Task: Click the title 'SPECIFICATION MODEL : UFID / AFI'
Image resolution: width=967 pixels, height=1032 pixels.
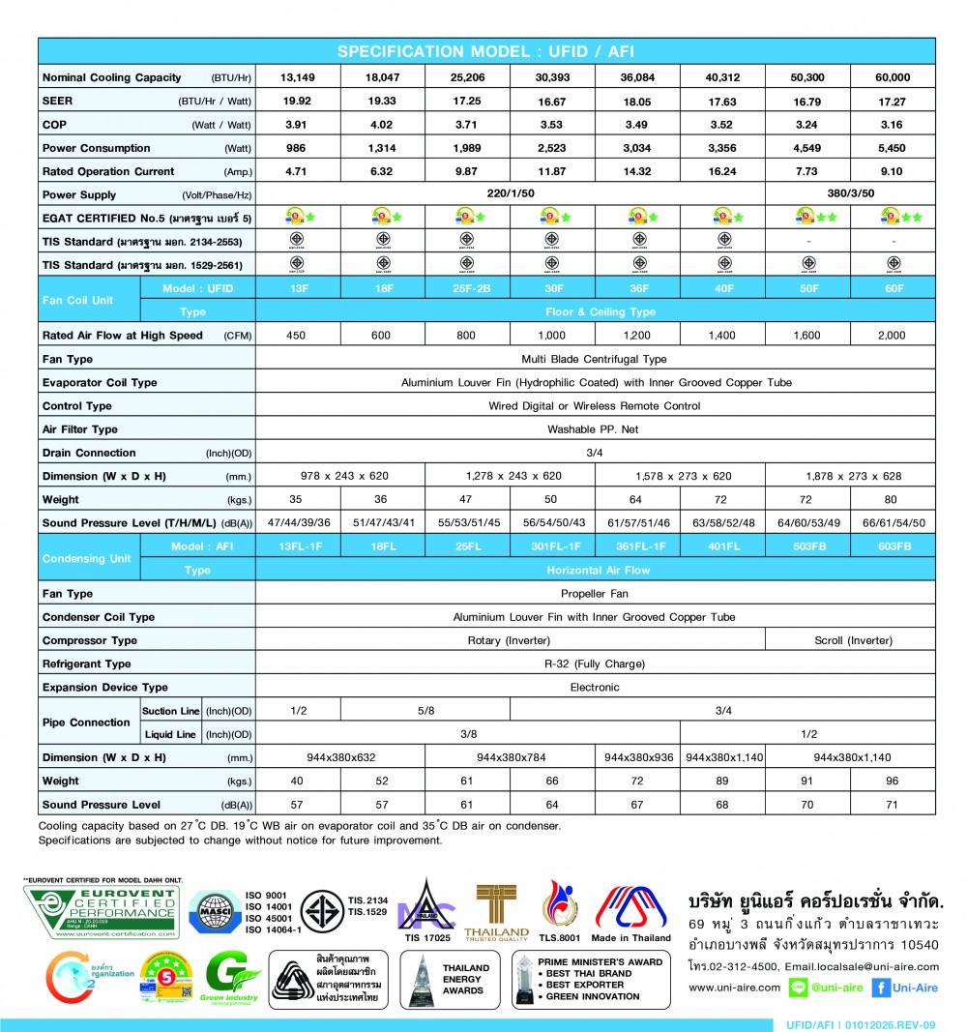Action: point(486,51)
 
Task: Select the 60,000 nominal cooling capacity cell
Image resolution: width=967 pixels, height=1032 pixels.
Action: point(893,77)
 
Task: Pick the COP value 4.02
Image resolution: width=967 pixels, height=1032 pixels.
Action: point(382,125)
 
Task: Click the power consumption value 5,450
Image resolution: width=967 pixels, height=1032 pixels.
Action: point(893,148)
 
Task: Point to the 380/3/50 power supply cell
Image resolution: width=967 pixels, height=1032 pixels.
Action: point(850,194)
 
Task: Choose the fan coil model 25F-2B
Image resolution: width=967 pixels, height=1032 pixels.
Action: point(467,288)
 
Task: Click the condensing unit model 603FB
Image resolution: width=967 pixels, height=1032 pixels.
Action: point(893,546)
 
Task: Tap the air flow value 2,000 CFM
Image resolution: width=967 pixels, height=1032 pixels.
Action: point(893,336)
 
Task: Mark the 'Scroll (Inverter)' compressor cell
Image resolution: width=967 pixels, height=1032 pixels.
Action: point(850,640)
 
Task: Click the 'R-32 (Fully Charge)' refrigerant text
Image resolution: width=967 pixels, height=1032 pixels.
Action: point(595,663)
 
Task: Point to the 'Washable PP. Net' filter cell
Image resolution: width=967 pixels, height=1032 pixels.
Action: point(595,429)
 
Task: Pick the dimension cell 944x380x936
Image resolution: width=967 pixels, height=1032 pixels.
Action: point(637,757)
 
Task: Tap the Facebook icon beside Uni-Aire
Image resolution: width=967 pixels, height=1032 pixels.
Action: point(881,988)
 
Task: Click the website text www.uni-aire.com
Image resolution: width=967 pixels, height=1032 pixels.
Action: point(734,988)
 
